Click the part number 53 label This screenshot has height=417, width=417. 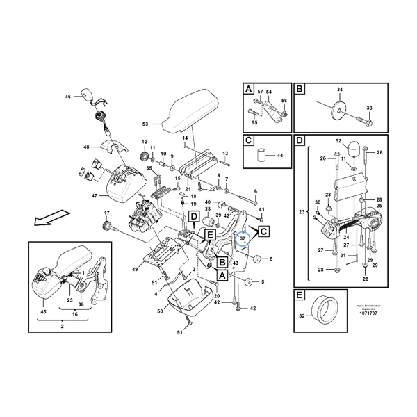(x=145, y=124)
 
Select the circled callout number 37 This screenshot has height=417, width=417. (x=243, y=240)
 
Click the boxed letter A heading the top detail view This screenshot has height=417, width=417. (x=248, y=90)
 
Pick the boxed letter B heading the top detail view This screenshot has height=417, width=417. (x=300, y=90)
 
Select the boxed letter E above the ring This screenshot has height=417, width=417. (x=300, y=295)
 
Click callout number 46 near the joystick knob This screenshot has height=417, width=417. (x=68, y=96)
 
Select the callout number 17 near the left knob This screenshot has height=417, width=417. (x=108, y=213)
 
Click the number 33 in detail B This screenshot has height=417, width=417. (x=370, y=108)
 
